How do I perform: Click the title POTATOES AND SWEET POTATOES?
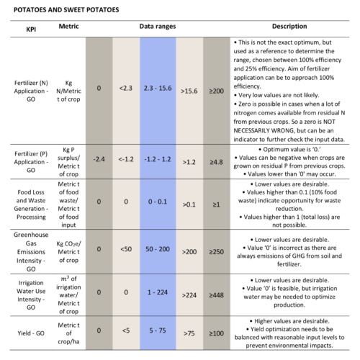click(66, 10)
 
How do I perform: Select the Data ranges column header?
click(158, 27)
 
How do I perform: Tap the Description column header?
click(289, 26)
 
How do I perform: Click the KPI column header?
click(31, 30)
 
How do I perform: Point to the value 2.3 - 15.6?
click(158, 88)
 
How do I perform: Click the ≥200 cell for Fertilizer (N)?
click(216, 91)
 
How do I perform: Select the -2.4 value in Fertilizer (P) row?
click(99, 159)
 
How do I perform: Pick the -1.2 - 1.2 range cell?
click(158, 159)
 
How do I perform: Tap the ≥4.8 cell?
click(216, 162)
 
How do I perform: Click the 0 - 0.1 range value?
click(158, 202)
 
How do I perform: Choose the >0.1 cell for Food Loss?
click(189, 204)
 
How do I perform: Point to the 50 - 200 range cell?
click(158, 249)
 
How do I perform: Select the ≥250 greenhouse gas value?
click(216, 252)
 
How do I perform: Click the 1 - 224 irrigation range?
click(158, 292)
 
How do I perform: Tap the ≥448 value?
click(216, 295)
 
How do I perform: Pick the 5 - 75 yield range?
click(158, 330)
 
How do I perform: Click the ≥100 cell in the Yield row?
click(216, 333)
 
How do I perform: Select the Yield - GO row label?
click(31, 333)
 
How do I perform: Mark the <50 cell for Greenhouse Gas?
click(126, 249)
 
